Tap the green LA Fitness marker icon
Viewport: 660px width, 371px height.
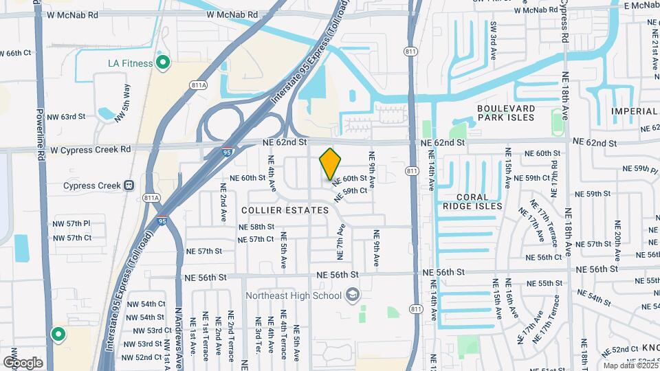[x=163, y=64]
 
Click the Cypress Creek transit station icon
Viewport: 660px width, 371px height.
[x=129, y=185]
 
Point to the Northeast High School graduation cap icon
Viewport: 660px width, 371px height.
[x=353, y=295]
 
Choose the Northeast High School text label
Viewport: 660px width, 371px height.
[x=294, y=296]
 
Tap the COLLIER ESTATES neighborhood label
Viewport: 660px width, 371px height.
[x=285, y=210]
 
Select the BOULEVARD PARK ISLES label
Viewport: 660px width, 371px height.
[x=505, y=113]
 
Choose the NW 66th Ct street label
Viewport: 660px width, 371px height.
[x=15, y=53]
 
